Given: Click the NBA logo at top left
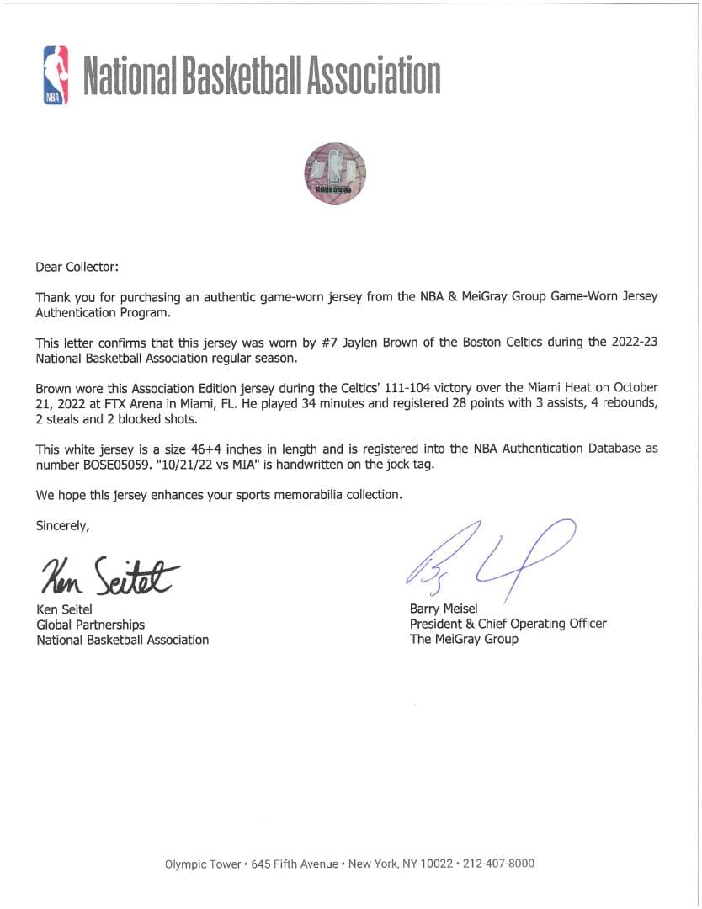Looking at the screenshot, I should [x=56, y=75].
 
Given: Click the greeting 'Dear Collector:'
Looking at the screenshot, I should [x=77, y=267].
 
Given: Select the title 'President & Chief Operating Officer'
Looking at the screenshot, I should [x=508, y=624].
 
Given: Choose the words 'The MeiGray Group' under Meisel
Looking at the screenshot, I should [x=464, y=639].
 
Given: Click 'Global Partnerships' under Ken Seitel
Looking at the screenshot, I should [x=90, y=625].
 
